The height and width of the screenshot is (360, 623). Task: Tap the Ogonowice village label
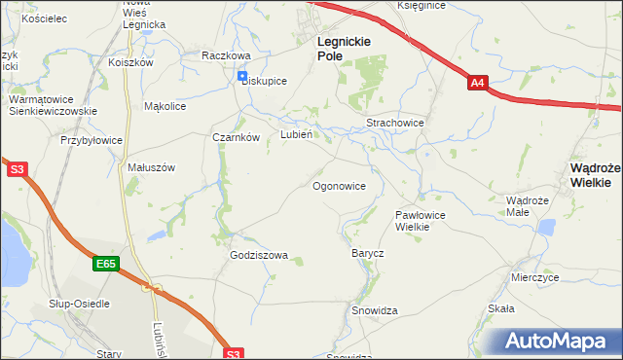[339, 185]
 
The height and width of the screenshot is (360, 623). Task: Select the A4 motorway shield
[476, 84]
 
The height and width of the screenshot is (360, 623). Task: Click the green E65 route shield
[107, 263]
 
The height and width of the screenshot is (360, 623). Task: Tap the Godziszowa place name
[259, 255]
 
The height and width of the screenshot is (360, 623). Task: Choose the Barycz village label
[367, 253]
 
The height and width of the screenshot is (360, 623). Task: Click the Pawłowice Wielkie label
[420, 220]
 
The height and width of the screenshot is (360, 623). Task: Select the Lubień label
[296, 135]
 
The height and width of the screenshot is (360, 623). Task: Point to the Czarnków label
[236, 137]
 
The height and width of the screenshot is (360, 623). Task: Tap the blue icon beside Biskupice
[242, 77]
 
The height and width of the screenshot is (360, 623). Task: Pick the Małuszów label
[151, 166]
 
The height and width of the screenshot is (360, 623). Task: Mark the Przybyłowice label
[92, 140]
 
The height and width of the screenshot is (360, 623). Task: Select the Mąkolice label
[165, 106]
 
